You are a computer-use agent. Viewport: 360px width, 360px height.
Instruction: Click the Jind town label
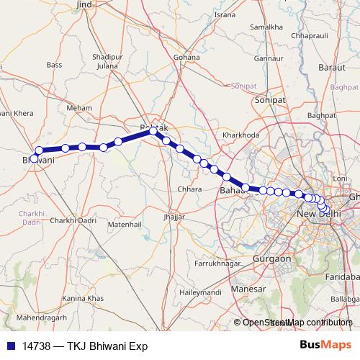pyautogui.click(x=84, y=5)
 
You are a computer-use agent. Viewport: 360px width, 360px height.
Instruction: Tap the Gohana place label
pyautogui.click(x=186, y=56)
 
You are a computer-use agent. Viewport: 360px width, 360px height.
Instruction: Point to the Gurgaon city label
pyautogui.click(x=271, y=258)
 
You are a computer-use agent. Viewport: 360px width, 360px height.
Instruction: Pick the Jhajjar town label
pyautogui.click(x=174, y=216)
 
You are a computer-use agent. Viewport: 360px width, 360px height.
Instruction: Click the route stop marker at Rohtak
pyautogui.click(x=153, y=131)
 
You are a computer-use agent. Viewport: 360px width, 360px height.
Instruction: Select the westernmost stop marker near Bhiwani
pyautogui.click(x=34, y=158)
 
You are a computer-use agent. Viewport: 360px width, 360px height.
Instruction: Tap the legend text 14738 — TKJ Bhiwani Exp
pyautogui.click(x=84, y=346)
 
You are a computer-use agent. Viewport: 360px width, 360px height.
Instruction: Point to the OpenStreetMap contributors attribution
pyautogui.click(x=297, y=323)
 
